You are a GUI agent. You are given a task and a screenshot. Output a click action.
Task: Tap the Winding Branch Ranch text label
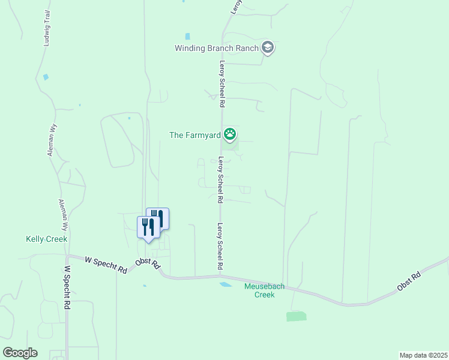click(x=217, y=48)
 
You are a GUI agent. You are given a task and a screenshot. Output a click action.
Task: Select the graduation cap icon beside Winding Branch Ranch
click(x=268, y=48)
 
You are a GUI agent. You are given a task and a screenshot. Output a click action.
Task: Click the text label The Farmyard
click(x=195, y=135)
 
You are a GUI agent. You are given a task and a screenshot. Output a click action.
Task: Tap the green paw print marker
click(x=229, y=134)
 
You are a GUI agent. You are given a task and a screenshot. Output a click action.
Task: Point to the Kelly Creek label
click(x=46, y=239)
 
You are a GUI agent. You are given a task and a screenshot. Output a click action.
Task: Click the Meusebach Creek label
click(x=259, y=290)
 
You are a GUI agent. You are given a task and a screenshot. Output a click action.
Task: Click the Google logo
click(x=20, y=353)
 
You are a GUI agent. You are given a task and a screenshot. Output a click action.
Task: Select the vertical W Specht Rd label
click(x=68, y=288)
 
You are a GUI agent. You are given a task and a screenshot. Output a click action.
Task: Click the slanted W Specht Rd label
click(x=106, y=265)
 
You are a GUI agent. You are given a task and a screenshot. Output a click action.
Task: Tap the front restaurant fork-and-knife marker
click(x=148, y=227)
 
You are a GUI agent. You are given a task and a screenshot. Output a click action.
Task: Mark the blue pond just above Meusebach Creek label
click(x=226, y=284)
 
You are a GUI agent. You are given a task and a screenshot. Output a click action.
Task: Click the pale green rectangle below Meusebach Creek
click(x=296, y=316)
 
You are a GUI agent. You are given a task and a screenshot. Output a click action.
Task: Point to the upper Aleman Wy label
click(x=51, y=144)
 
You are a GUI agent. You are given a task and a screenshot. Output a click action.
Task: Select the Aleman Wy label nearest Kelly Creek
click(x=62, y=215)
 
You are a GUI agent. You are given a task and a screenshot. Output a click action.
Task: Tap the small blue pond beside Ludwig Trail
click(x=46, y=77)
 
